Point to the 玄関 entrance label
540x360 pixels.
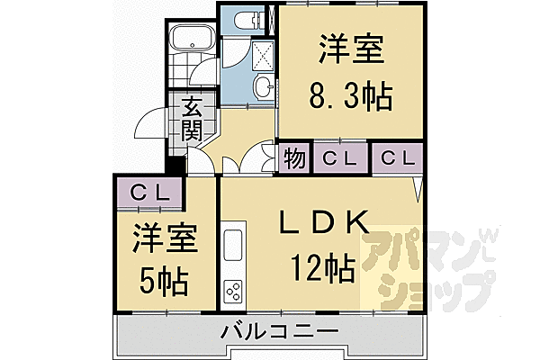coord(191,120)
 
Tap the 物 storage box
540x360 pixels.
coord(293,158)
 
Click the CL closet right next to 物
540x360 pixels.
coord(340,158)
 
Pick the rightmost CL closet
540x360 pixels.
coord(396,158)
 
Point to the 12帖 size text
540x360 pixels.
coord(321,267)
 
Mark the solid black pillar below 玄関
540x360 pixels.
coord(175,166)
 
